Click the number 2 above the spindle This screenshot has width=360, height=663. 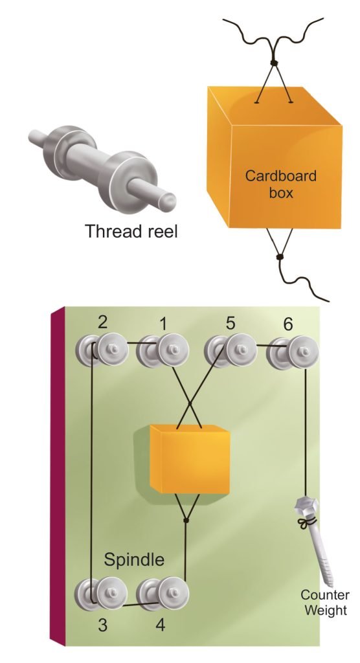click(102, 322)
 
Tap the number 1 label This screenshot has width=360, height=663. click(163, 324)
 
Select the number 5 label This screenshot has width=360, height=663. click(230, 323)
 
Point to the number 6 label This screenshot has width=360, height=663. click(287, 324)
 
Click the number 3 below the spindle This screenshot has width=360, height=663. click(102, 625)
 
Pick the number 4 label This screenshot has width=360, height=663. click(160, 625)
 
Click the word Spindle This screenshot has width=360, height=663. click(134, 559)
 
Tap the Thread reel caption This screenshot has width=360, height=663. click(131, 231)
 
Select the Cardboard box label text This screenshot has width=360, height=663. click(281, 183)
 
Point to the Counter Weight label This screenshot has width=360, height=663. click(325, 602)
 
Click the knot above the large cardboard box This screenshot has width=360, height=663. click(274, 63)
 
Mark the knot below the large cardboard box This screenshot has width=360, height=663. click(279, 256)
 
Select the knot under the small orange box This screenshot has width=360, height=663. click(185, 520)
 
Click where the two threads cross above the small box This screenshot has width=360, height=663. click(189, 404)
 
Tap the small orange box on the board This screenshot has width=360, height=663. click(190, 459)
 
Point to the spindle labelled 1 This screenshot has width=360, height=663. click(163, 350)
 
